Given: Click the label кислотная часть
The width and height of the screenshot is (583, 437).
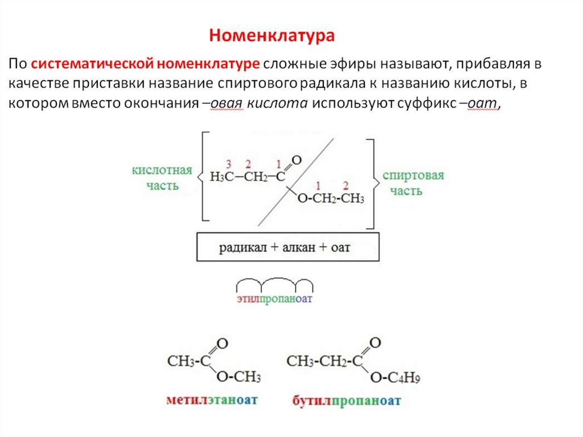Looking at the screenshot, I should pyautogui.click(x=162, y=178).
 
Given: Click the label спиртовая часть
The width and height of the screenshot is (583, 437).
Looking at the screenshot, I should pyautogui.click(x=413, y=182).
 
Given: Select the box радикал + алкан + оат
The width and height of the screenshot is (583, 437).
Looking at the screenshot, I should pyautogui.click(x=288, y=248).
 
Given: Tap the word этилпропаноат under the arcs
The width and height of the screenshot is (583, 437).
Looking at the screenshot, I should pyautogui.click(x=275, y=299).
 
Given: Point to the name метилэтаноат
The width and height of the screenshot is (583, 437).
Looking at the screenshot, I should pyautogui.click(x=212, y=400).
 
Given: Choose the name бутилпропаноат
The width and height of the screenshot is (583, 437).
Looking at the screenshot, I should pyautogui.click(x=347, y=401).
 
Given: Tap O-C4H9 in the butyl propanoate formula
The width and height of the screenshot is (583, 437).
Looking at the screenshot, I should pyautogui.click(x=395, y=378).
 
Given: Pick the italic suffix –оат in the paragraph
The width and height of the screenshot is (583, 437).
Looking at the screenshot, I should pyautogui.click(x=483, y=104).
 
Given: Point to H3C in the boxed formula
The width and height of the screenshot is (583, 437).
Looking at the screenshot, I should pyautogui.click(x=223, y=177).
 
